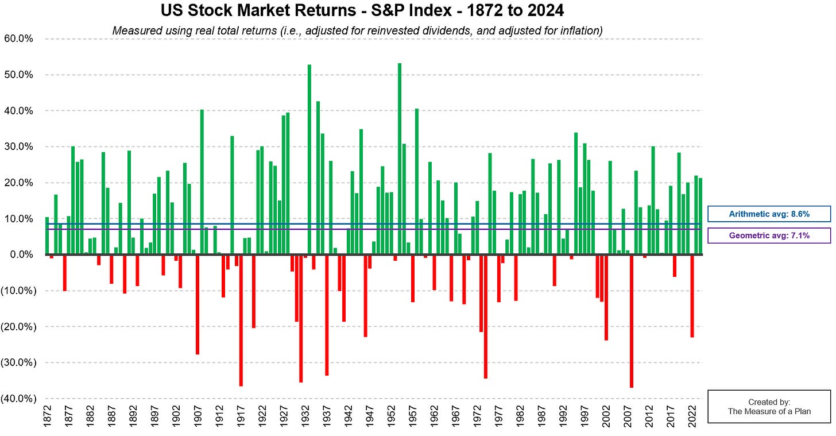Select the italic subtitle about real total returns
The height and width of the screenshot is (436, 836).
click(357, 30)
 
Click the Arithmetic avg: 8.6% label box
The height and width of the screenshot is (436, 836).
click(769, 214)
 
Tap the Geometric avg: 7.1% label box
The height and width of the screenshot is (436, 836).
click(769, 236)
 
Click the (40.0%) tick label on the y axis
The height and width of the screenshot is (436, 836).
click(19, 399)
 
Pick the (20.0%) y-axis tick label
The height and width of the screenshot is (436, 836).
click(19, 327)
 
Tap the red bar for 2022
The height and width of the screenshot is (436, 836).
click(692, 296)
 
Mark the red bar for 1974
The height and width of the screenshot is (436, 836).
click(486, 317)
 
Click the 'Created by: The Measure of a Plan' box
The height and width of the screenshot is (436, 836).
click(769, 406)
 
